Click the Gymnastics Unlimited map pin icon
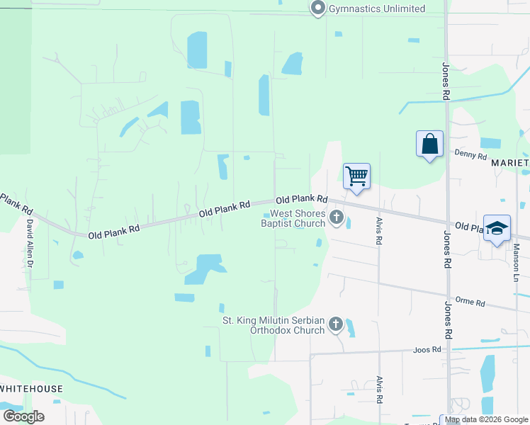[x=317, y=8]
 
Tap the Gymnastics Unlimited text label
[x=376, y=9]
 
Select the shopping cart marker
[x=356, y=175]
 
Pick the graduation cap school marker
[x=497, y=228]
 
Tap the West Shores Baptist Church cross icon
[x=336, y=218]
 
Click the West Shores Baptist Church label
[x=293, y=218]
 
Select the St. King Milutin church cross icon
[x=335, y=325]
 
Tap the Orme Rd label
[x=470, y=302]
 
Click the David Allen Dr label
[x=30, y=240]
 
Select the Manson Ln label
[x=517, y=261]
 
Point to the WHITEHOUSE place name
[x=31, y=389]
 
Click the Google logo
[x=23, y=416]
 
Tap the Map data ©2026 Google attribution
[x=486, y=420]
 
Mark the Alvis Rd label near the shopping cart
[x=379, y=231]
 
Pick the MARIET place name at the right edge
[x=510, y=163]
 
